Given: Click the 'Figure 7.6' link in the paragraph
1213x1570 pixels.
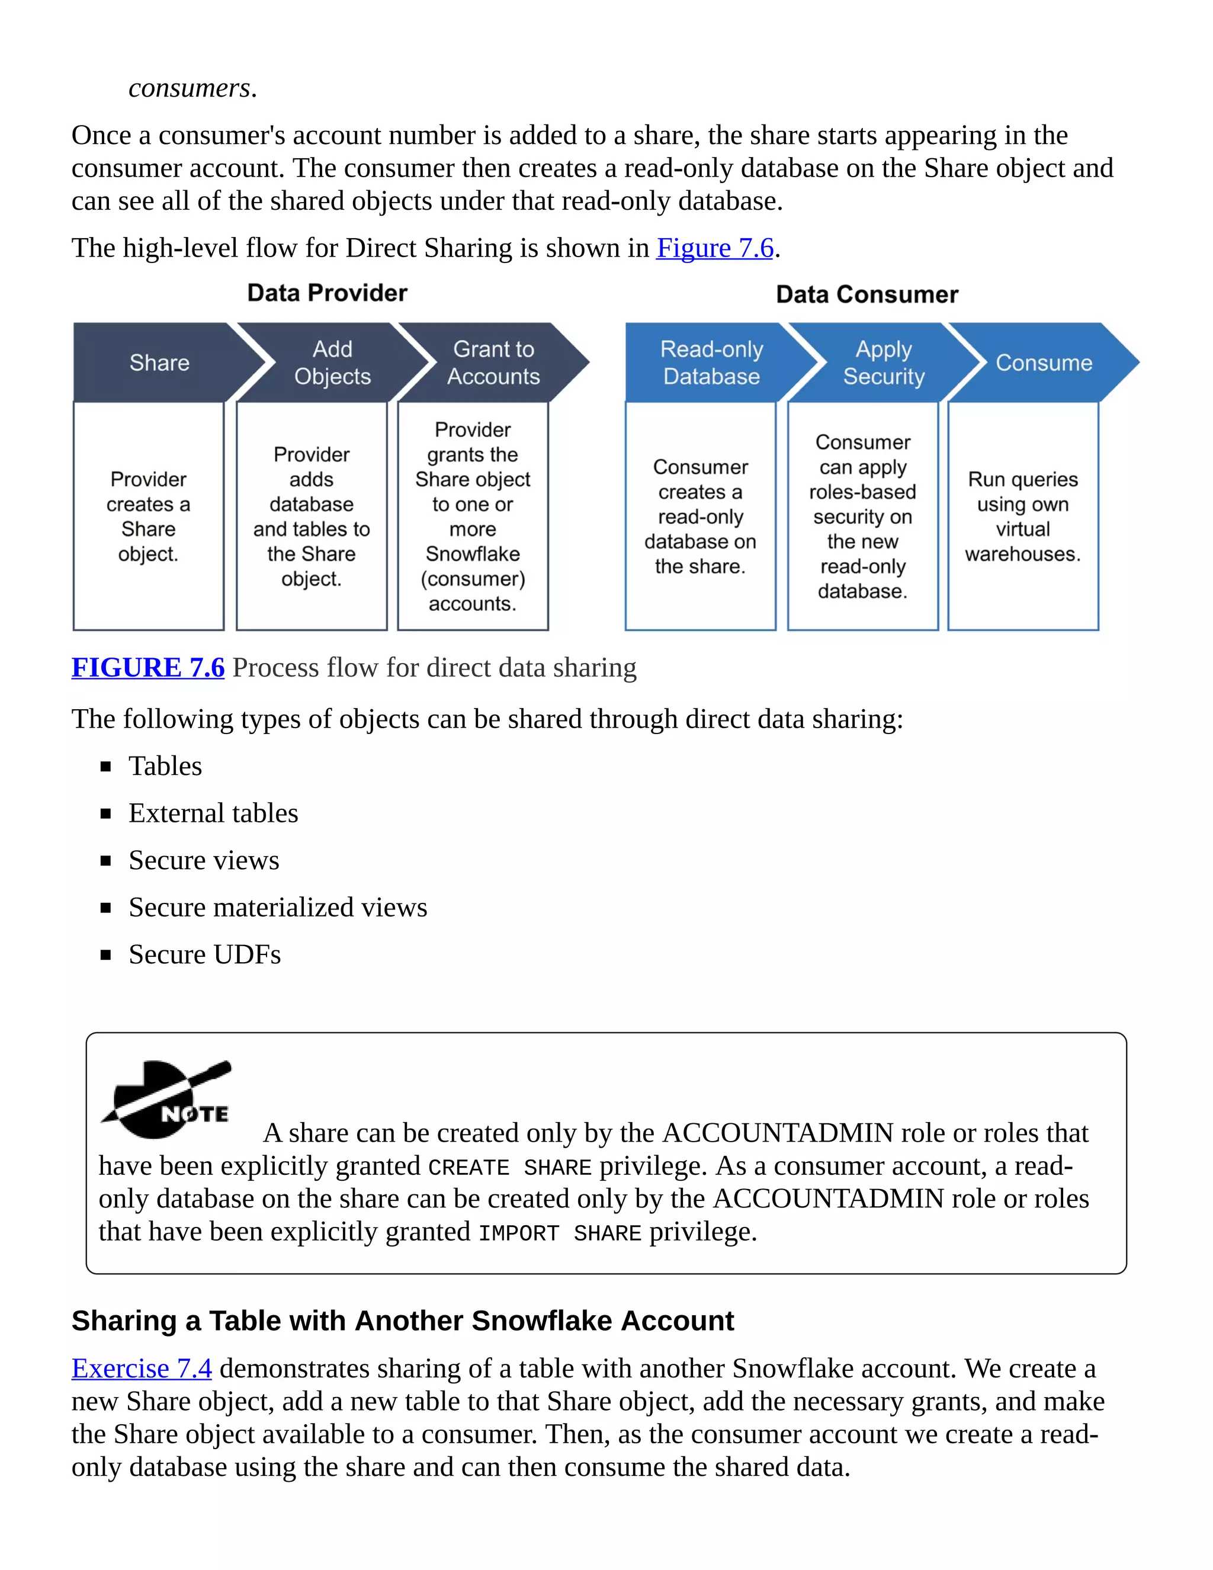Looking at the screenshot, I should pyautogui.click(x=714, y=248).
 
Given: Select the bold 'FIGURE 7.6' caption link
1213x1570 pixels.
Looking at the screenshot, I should pyautogui.click(x=148, y=668).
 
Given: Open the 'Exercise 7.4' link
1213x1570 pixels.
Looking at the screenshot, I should pyautogui.click(x=142, y=1368).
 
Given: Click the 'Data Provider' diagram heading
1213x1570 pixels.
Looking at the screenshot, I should pyautogui.click(x=327, y=293).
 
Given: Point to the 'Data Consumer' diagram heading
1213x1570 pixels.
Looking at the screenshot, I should pyautogui.click(x=867, y=294).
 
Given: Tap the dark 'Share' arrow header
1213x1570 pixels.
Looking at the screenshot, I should pyautogui.click(x=159, y=363).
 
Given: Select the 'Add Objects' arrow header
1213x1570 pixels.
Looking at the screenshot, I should pyautogui.click(x=332, y=363).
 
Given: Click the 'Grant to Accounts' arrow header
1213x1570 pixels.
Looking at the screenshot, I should pyautogui.click(x=494, y=363).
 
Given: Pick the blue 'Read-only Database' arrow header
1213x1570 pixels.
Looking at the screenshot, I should pyautogui.click(x=711, y=363).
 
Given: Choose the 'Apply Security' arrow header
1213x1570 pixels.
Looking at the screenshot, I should pyautogui.click(x=883, y=363).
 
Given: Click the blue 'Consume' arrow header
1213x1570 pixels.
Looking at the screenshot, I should pyautogui.click(x=1044, y=363).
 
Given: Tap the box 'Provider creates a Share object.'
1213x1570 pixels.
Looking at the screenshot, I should pyautogui.click(x=149, y=516).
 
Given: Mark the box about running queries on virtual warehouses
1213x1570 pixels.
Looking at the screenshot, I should pyautogui.click(x=1022, y=516).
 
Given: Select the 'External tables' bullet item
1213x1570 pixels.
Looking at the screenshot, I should pyautogui.click(x=213, y=813).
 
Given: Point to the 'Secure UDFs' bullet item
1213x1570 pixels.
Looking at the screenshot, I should pyautogui.click(x=204, y=954).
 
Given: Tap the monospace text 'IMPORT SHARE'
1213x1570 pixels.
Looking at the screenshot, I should pyautogui.click(x=560, y=1233).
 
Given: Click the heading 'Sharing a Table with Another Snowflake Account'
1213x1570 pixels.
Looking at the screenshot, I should pyautogui.click(x=402, y=1321).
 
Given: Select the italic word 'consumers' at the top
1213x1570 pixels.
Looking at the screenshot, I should pyautogui.click(x=189, y=88).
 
